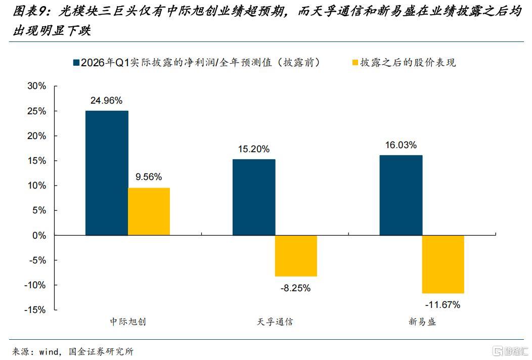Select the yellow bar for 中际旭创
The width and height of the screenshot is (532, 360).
(x=149, y=211)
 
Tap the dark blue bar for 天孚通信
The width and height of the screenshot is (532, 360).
(x=254, y=197)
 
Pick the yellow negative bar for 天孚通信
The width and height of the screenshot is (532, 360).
(x=296, y=256)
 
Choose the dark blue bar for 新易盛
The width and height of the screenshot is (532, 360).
(x=401, y=195)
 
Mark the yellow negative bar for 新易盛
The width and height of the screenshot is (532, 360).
(x=443, y=264)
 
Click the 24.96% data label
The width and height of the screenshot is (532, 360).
(x=106, y=101)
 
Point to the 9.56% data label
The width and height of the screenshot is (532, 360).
(x=149, y=177)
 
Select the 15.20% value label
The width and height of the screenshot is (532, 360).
(x=253, y=149)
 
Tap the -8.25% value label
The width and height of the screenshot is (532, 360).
(x=295, y=288)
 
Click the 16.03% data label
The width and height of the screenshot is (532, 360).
(x=401, y=145)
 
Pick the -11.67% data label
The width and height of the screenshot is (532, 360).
(x=442, y=305)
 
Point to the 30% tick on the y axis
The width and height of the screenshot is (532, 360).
(x=36, y=86)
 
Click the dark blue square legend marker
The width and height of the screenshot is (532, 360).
(x=77, y=63)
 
